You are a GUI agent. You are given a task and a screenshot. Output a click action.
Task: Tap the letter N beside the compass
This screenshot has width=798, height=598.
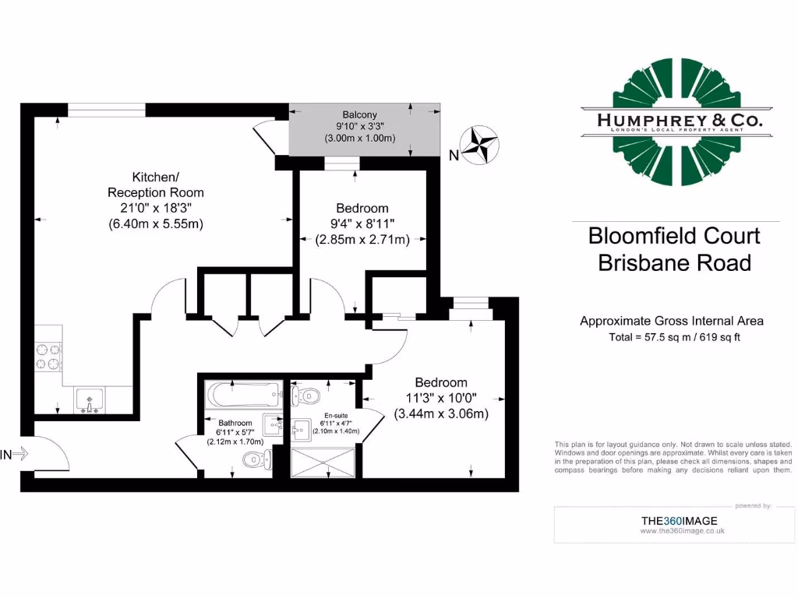tap(454, 155)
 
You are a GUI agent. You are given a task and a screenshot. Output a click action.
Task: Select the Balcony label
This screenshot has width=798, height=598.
tap(358, 114)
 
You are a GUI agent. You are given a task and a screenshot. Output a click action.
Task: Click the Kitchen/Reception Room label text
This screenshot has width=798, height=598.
tap(155, 185)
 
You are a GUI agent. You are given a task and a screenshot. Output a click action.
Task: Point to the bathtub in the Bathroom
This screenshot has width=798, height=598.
tap(244, 395)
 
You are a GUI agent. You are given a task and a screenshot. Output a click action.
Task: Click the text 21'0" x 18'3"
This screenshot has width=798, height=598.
tap(155, 208)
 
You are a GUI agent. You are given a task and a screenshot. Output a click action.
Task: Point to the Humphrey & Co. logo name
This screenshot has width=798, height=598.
tap(680, 121)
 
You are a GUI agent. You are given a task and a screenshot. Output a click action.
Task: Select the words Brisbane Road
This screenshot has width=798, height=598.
tap(674, 262)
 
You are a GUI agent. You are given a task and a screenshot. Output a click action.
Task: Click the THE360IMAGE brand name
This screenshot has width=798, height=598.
tap(679, 521)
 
